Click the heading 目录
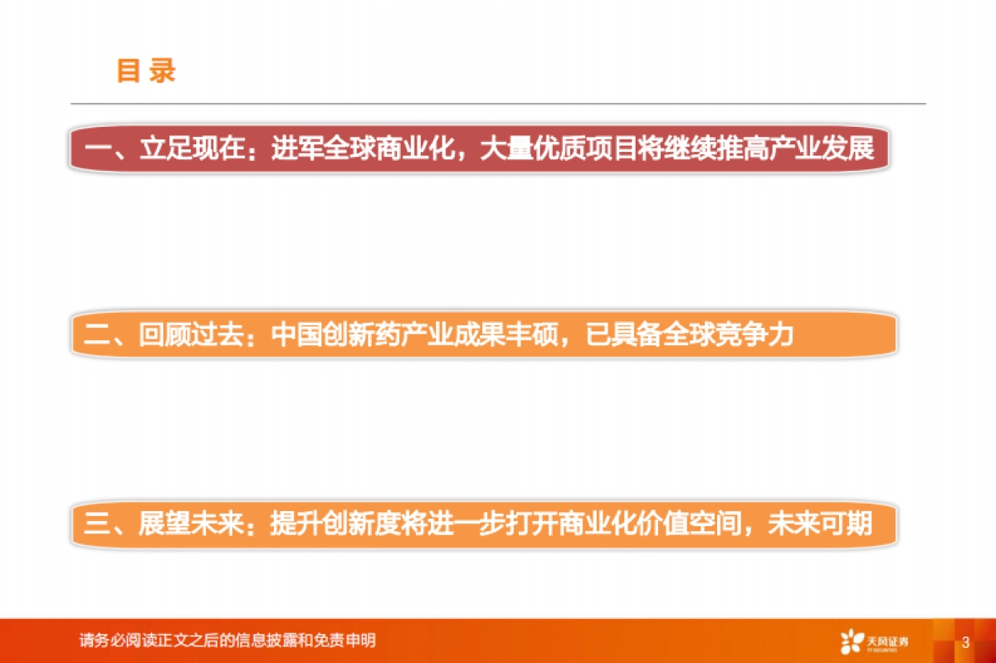(146, 71)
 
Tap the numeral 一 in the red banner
(98, 151)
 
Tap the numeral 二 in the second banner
(96, 335)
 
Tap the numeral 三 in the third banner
(96, 524)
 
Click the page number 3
(965, 642)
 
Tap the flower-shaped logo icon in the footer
(852, 641)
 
